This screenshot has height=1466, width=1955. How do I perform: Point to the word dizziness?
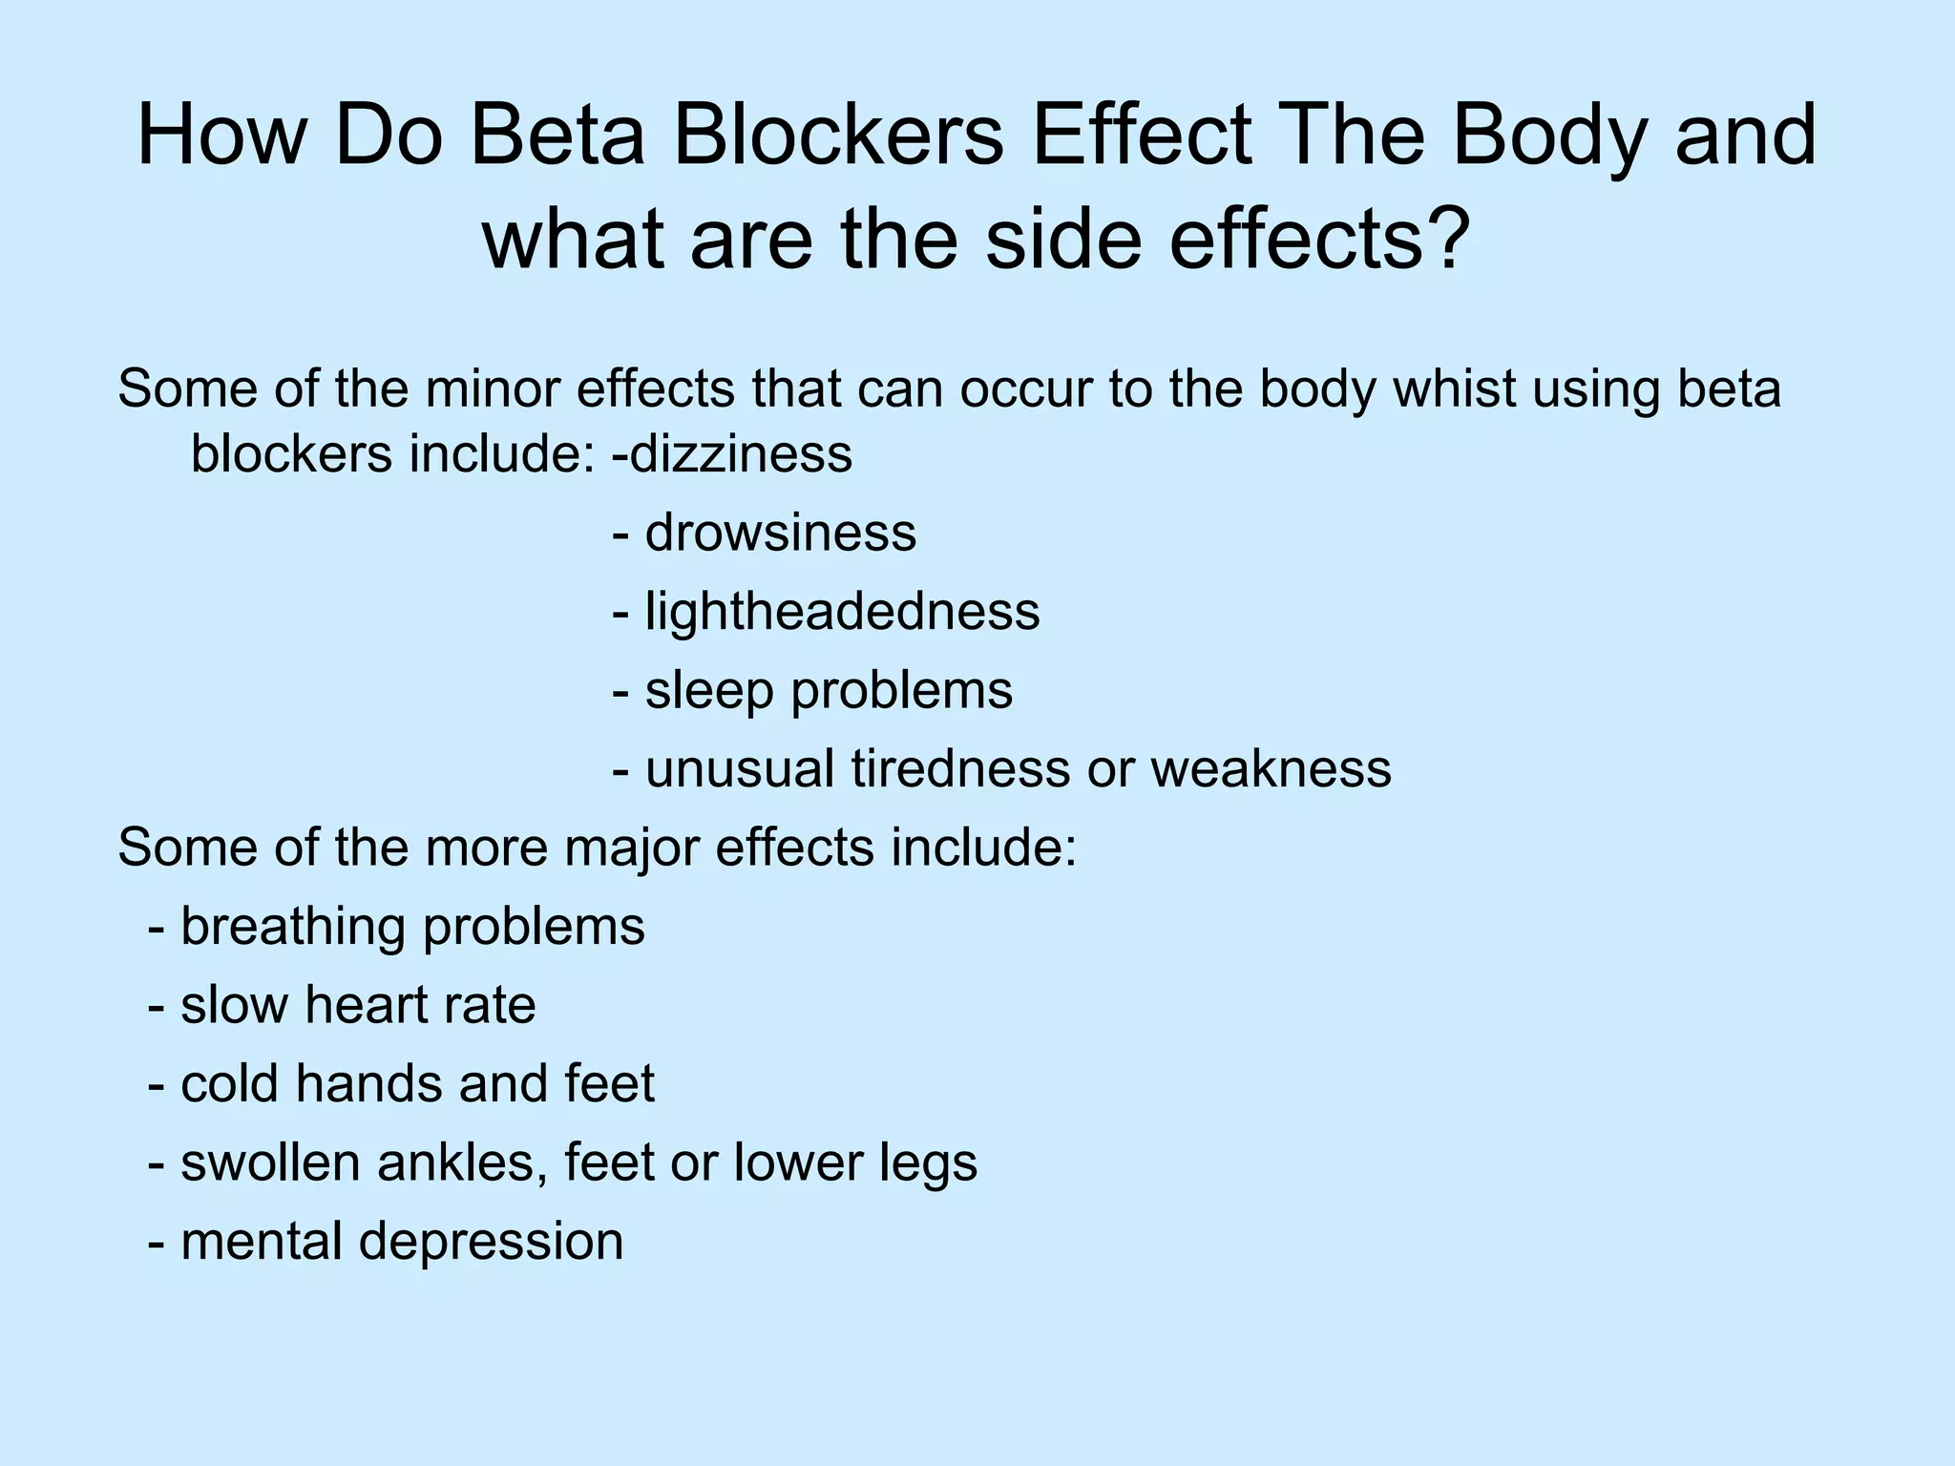click(x=741, y=453)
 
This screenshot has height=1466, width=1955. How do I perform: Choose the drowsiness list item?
click(x=780, y=533)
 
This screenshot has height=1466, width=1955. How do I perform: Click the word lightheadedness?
click(x=842, y=612)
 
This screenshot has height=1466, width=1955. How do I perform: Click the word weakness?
click(x=1271, y=769)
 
